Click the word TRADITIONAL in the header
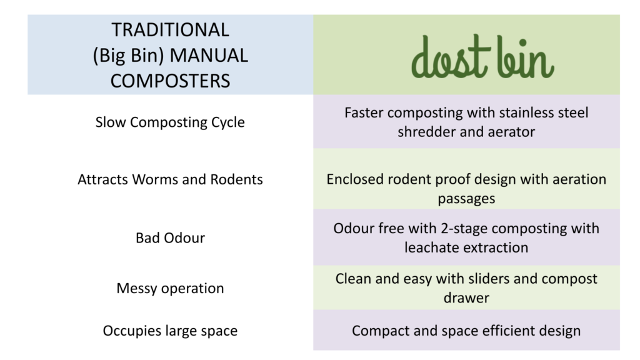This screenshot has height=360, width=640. (170, 30)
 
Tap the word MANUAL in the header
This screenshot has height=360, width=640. (209, 56)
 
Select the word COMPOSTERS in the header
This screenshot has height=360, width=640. (170, 81)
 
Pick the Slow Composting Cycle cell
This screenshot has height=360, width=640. (170, 122)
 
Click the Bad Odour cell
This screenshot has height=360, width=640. (170, 237)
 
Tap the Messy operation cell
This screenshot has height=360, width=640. (170, 288)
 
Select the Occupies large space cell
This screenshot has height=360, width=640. (170, 331)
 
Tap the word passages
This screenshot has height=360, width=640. (466, 199)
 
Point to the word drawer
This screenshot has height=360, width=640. (466, 298)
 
